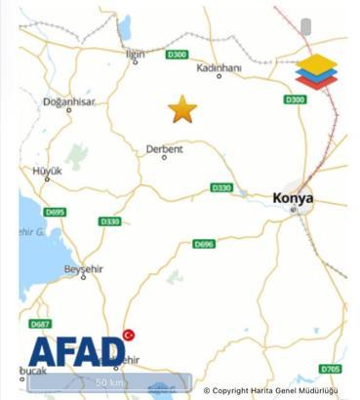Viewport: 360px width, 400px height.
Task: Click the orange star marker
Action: point(182,109)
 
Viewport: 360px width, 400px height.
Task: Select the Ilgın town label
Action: point(136,55)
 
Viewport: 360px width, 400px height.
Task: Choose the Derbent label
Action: point(164,149)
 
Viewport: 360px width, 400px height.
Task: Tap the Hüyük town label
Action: point(48,171)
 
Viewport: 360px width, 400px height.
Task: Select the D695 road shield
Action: point(55,212)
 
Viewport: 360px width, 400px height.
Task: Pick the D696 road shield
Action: point(204,244)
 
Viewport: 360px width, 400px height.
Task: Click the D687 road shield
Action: point(40,324)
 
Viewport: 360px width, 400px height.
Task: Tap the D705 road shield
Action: point(330,369)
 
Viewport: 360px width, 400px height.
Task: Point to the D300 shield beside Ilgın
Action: point(177,55)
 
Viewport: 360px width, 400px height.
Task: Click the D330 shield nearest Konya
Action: point(221,187)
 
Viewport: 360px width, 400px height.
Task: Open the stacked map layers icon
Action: point(316,72)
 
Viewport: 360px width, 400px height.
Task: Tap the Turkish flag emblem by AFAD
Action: point(128,336)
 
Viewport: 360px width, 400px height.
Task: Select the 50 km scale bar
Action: point(109,382)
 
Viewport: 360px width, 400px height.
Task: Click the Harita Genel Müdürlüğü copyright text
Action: point(271,391)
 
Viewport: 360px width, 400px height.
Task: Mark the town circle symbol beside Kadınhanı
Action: point(220,76)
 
